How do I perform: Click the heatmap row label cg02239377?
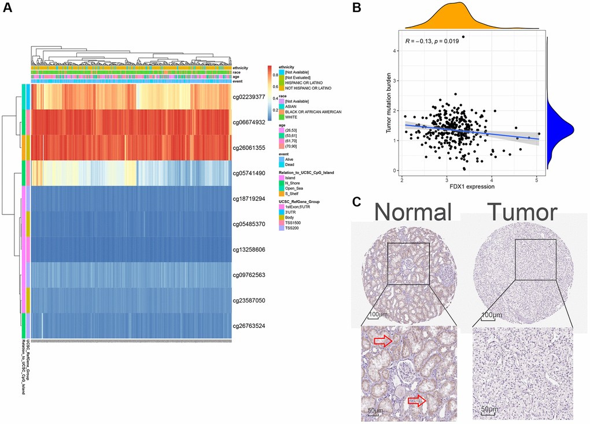tap(248, 97)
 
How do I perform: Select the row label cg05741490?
tap(248, 173)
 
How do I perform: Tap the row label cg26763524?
tap(248, 326)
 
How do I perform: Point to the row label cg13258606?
tap(248, 249)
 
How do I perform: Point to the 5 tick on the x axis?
tap(537, 180)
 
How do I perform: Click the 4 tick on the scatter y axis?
tap(396, 50)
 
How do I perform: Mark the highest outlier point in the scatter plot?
tap(463, 37)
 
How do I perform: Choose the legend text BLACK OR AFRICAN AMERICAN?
tap(308, 111)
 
